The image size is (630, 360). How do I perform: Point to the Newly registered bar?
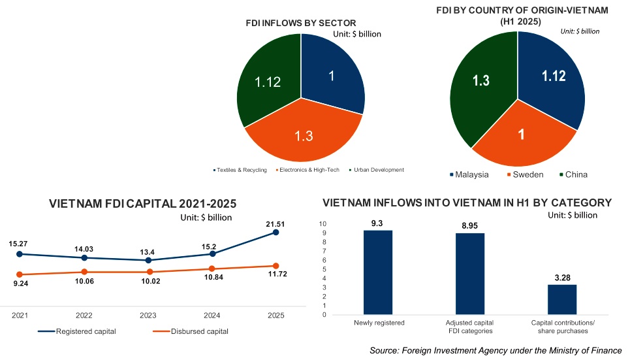click(x=378, y=272)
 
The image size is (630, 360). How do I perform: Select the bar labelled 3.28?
click(x=562, y=299)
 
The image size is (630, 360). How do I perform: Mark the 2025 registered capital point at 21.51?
click(x=276, y=232)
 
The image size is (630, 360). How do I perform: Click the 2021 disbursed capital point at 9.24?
click(x=20, y=274)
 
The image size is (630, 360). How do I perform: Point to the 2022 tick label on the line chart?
click(x=84, y=316)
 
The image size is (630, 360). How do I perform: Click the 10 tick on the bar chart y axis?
click(x=323, y=223)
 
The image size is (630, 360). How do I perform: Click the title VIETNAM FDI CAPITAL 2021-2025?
click(x=142, y=204)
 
